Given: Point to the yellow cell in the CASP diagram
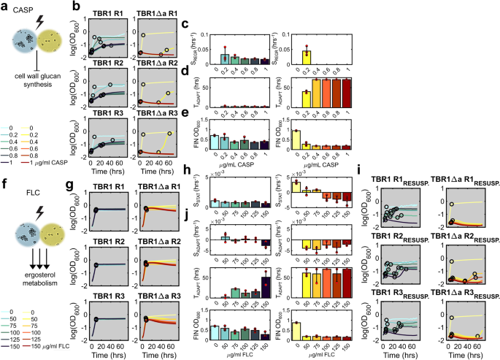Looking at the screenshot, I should point(51,44).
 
